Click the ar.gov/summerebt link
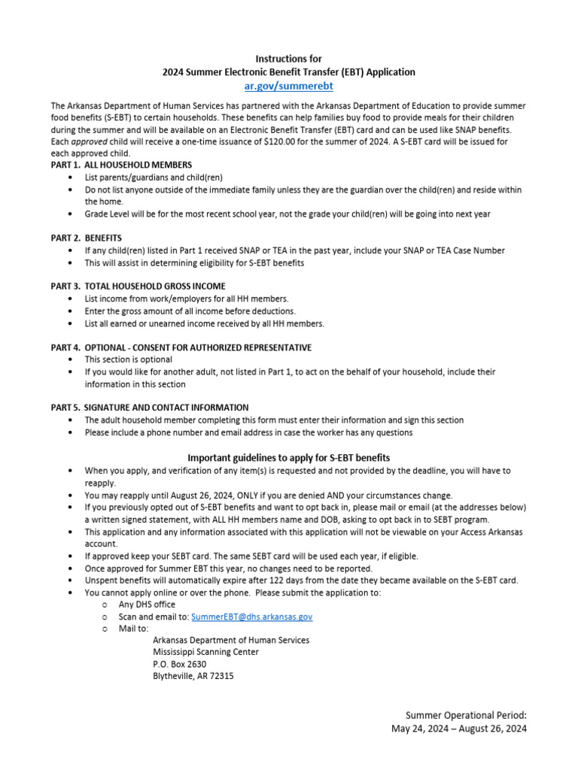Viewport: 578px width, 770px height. click(x=289, y=87)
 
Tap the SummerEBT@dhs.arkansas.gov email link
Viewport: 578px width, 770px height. click(x=251, y=617)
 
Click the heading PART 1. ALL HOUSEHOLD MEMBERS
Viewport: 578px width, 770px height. click(x=120, y=165)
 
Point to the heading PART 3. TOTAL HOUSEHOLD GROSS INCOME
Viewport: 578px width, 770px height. click(x=138, y=286)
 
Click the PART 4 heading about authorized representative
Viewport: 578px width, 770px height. click(x=181, y=347)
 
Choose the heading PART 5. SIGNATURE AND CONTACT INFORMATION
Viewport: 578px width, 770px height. click(x=150, y=408)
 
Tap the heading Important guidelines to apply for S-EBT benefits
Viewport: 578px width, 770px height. click(x=289, y=458)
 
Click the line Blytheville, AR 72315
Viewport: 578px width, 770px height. click(x=193, y=676)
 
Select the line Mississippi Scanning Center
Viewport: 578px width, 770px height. click(x=205, y=652)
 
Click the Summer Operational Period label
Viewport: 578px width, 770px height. click(x=466, y=715)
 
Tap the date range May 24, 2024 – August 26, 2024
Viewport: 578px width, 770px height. click(x=459, y=729)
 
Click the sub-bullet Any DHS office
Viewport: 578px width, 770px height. click(x=147, y=605)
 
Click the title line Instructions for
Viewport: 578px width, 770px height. click(x=289, y=59)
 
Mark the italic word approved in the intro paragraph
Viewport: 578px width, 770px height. click(x=89, y=141)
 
